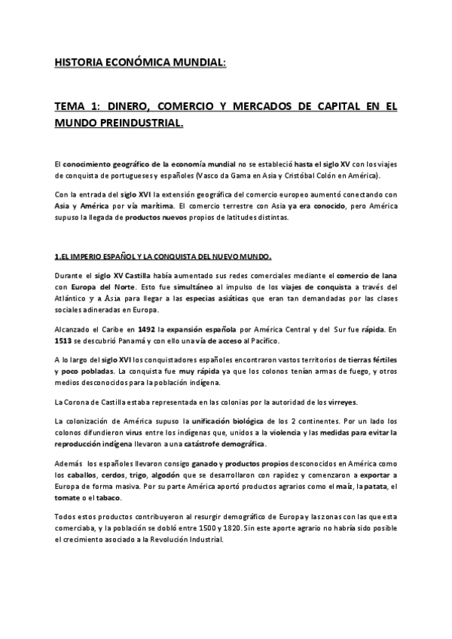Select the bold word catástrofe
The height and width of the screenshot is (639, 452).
209,444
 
